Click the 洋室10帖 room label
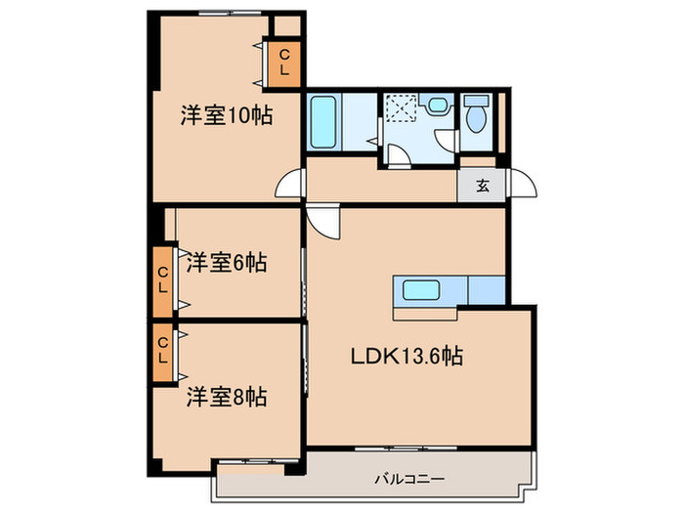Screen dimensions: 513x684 click(x=225, y=115)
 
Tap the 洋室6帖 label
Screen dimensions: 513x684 click(x=226, y=262)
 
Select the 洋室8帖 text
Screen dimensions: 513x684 click(x=226, y=398)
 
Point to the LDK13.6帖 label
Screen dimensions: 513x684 click(x=406, y=358)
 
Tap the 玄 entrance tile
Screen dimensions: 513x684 click(x=481, y=186)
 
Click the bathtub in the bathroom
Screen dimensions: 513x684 click(x=323, y=122)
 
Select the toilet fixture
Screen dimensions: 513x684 click(x=476, y=116)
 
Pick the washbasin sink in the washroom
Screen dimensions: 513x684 click(x=438, y=107)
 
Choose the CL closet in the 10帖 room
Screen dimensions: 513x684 click(x=284, y=64)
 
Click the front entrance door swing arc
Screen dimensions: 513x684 click(x=525, y=186)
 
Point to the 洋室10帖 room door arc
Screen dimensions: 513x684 click(x=289, y=186)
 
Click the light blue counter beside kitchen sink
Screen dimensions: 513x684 click(x=487, y=290)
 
